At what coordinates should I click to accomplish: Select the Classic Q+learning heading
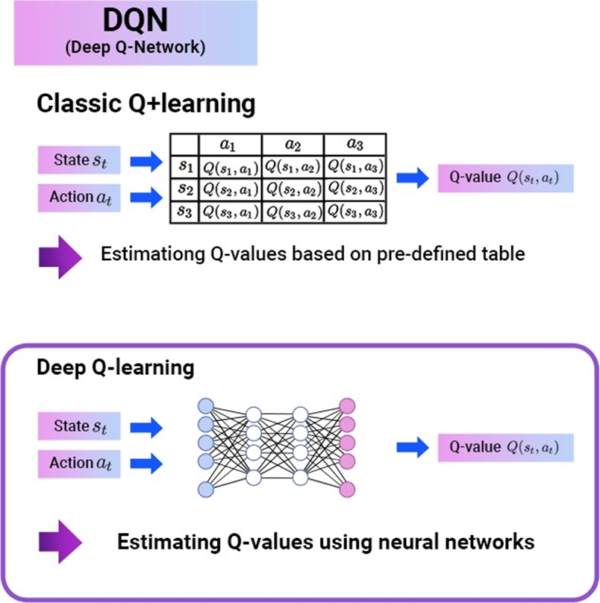146,104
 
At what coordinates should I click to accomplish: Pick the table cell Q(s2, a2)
293,189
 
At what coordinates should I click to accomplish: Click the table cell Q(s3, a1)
231,212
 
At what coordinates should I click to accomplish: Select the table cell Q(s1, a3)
355,165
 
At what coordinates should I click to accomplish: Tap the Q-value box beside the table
504,179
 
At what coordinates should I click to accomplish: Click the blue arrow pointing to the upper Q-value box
412,178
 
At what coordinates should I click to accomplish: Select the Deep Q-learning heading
116,367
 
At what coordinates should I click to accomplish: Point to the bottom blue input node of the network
205,489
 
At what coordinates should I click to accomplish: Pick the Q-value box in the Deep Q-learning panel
505,447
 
